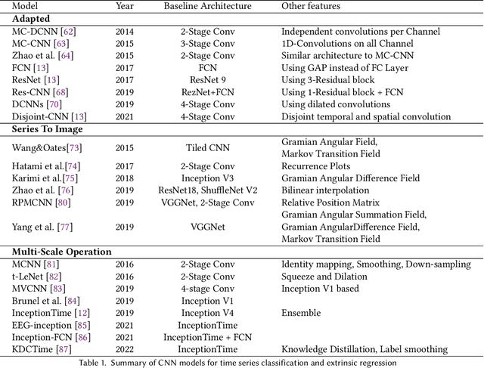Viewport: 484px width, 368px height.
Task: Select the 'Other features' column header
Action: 310,6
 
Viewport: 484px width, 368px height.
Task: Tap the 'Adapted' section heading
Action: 29,19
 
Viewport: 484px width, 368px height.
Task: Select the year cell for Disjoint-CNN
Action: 126,116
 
